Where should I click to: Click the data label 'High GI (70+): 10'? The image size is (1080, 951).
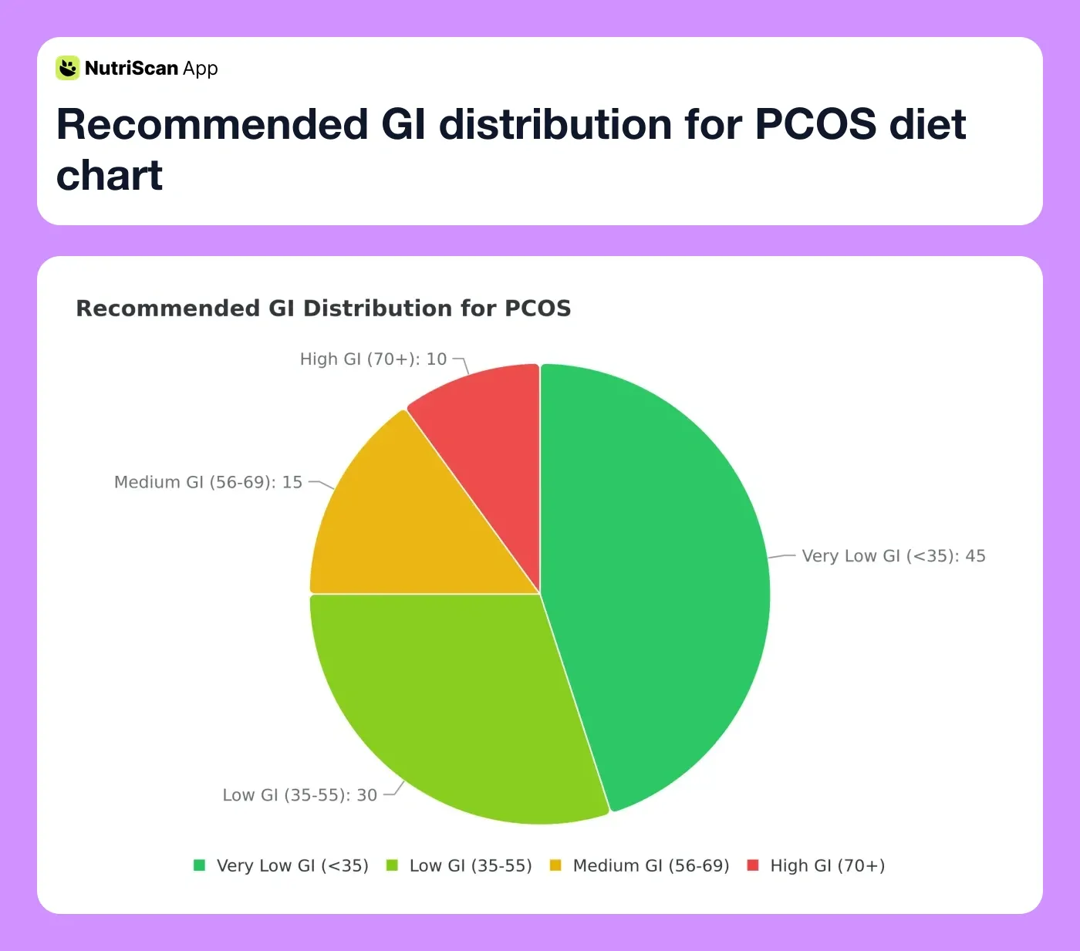click(x=373, y=359)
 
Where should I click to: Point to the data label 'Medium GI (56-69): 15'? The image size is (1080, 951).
click(x=208, y=483)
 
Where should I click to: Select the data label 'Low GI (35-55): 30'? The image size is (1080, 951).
click(x=300, y=795)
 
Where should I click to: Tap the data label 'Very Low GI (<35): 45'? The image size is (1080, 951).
click(x=893, y=556)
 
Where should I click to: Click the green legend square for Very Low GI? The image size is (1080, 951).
click(x=200, y=865)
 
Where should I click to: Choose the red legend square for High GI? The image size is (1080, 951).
click(x=754, y=865)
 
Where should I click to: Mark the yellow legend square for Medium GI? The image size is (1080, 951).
click(x=555, y=865)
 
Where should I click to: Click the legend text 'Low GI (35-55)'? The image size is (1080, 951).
click(x=471, y=866)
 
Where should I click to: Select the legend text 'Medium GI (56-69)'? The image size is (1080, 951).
click(x=651, y=866)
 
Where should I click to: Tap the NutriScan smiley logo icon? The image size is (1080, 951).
click(x=68, y=68)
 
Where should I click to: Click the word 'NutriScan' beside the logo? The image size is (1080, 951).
click(x=131, y=69)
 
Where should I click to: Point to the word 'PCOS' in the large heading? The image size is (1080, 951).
click(x=815, y=124)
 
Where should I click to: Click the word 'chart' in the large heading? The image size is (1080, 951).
click(x=110, y=175)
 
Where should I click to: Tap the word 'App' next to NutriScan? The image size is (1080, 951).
click(x=201, y=69)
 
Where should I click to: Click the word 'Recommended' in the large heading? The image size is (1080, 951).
click(x=212, y=124)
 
